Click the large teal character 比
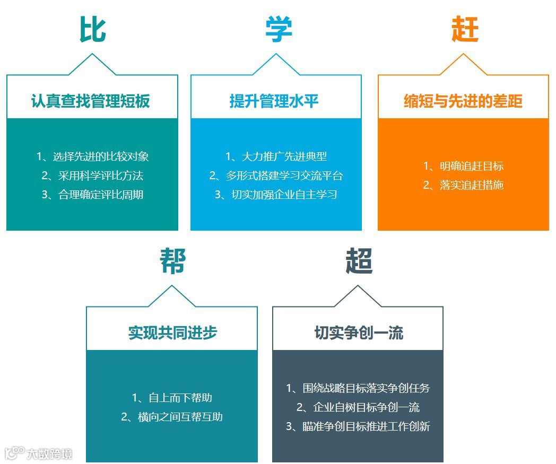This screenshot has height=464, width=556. click(93, 29)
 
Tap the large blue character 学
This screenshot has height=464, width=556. click(279, 29)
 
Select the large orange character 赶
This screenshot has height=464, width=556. click(465, 29)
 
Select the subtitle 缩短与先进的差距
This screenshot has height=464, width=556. click(463, 101)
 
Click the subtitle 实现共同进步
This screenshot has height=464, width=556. click(172, 332)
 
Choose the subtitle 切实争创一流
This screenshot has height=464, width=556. click(359, 332)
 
